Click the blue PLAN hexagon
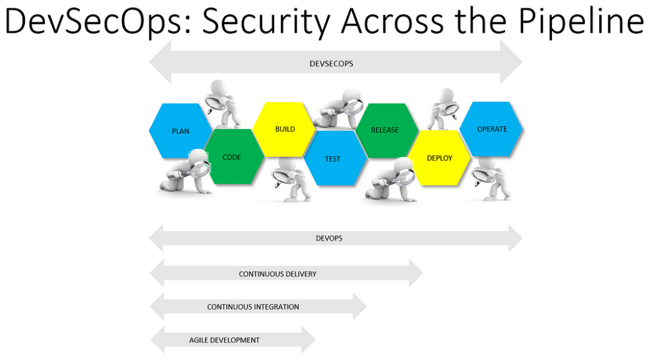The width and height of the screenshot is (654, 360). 180,131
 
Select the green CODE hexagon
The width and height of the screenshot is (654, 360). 232,157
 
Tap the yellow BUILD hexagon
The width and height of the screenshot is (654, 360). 285,129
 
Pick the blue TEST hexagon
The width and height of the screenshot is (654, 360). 333,159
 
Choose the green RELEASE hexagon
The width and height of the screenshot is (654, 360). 384,130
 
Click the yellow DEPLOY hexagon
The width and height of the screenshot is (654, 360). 439,158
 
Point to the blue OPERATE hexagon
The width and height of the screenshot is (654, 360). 492,129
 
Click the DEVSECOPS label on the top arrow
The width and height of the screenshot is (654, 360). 331,64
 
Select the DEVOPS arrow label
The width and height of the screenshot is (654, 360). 329,238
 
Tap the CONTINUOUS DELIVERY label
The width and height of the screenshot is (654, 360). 278,274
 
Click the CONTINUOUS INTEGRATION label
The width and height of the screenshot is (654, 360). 253,307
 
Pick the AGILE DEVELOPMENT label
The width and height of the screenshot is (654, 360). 224,340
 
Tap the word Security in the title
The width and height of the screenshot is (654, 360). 269,22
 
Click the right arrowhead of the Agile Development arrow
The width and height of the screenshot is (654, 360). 308,340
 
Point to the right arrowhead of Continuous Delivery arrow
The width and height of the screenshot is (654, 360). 415,273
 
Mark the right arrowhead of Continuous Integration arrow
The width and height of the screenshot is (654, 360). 360,306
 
